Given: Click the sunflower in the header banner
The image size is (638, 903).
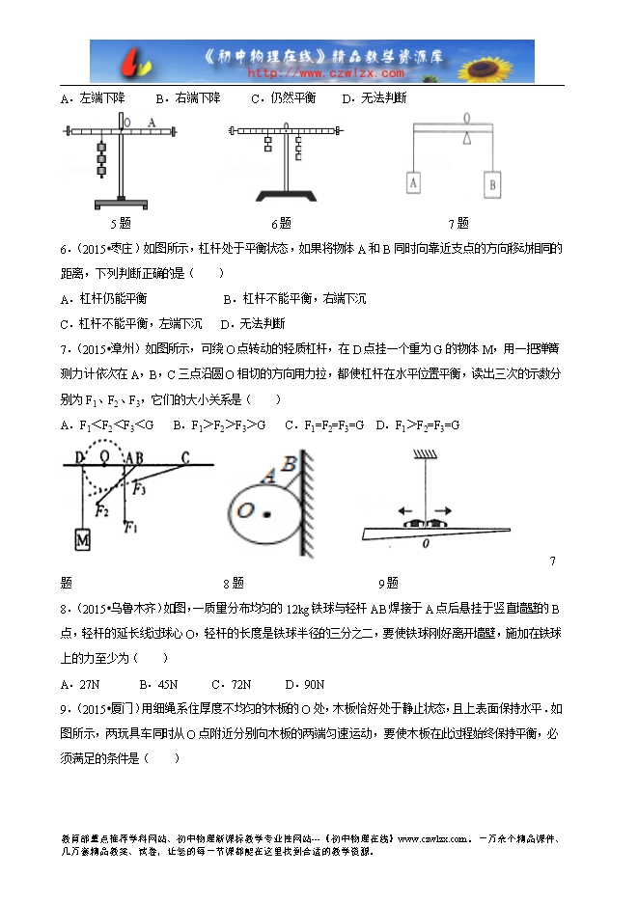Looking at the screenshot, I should (x=508, y=61).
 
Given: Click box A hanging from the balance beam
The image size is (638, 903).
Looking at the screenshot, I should (x=413, y=180).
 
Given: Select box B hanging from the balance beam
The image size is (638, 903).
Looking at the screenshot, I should (x=491, y=180).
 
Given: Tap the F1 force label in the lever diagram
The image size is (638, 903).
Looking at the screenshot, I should (x=133, y=527).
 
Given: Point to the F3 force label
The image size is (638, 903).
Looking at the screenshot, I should (x=141, y=487).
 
